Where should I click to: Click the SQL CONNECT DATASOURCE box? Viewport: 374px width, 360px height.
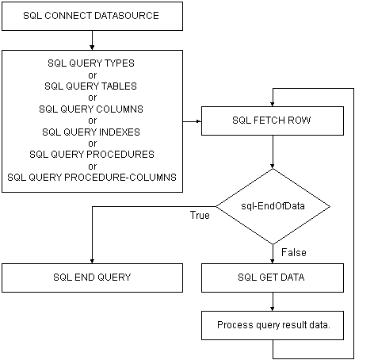click(92, 17)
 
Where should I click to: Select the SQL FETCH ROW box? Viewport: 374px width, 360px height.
click(273, 121)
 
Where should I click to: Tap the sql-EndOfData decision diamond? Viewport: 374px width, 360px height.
click(273, 206)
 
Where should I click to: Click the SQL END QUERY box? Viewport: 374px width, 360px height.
click(92, 278)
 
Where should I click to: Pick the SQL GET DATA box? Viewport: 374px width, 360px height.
click(273, 278)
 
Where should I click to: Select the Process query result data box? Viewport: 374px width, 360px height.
click(273, 325)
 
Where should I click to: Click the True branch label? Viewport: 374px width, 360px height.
click(200, 215)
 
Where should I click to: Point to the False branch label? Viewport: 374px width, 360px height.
click(294, 252)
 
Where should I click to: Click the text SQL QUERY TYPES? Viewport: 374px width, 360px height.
click(91, 63)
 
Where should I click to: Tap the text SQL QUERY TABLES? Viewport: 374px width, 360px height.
click(90, 86)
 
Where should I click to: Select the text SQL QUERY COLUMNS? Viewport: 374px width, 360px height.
click(91, 109)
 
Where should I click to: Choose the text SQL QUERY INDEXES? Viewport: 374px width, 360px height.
click(91, 132)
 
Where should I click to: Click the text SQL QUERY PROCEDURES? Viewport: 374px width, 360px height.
click(92, 155)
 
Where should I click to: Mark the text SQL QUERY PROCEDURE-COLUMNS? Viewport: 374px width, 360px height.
click(92, 178)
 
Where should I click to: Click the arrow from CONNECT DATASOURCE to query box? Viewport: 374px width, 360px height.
click(92, 40)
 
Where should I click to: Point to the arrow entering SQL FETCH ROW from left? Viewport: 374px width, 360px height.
click(192, 121)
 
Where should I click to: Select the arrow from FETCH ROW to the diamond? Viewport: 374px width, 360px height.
click(273, 152)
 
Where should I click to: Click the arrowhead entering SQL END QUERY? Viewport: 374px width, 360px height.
click(92, 261)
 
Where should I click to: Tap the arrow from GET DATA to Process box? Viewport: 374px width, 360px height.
click(273, 301)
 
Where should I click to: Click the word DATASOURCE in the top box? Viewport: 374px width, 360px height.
click(127, 16)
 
